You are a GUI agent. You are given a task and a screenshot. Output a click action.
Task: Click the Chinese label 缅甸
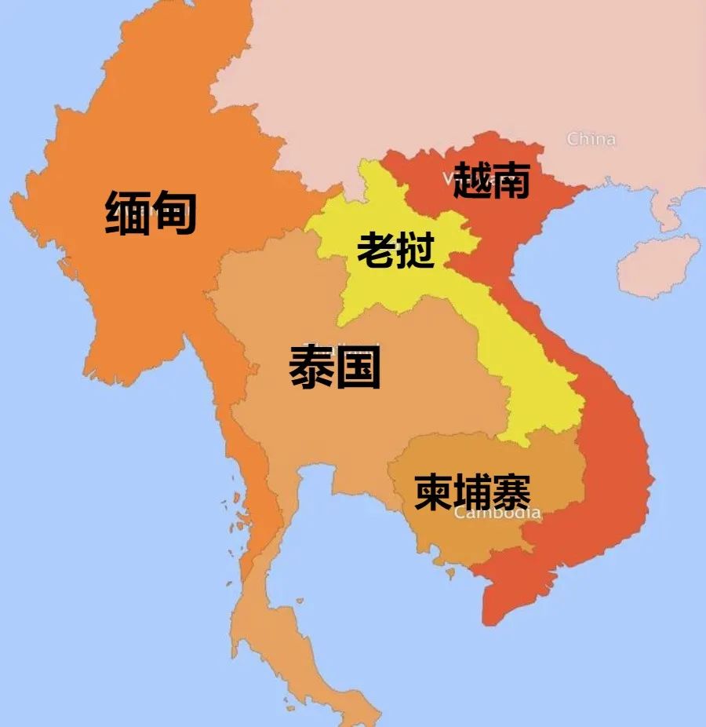point(151,214)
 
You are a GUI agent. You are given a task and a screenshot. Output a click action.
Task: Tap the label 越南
point(492,180)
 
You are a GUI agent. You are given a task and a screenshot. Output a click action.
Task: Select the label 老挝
point(395,250)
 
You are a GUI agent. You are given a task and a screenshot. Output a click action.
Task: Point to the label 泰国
point(335,367)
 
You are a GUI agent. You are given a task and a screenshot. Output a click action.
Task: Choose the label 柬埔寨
point(472,492)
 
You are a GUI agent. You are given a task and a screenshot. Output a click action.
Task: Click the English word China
point(591,140)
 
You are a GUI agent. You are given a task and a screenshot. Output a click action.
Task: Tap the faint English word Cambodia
point(497,513)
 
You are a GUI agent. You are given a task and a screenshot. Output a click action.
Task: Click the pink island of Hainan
point(657,265)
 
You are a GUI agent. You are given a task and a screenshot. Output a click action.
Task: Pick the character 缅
point(128,214)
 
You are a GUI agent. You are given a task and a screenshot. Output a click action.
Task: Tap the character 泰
point(312,367)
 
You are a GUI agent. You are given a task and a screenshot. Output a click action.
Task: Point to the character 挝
point(415,250)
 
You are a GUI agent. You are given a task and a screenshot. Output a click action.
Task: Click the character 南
point(511,180)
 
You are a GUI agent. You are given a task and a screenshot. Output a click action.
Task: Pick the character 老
point(376,250)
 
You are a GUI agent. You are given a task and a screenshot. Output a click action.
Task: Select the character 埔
point(472,492)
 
